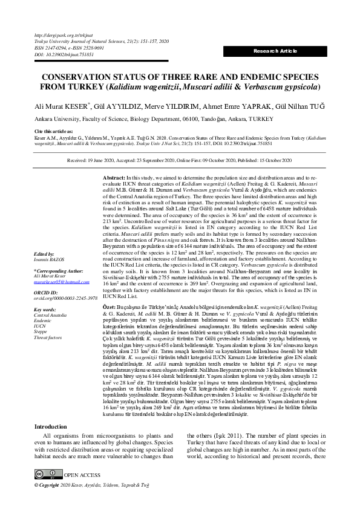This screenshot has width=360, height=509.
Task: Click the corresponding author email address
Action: click(x=61, y=281)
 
